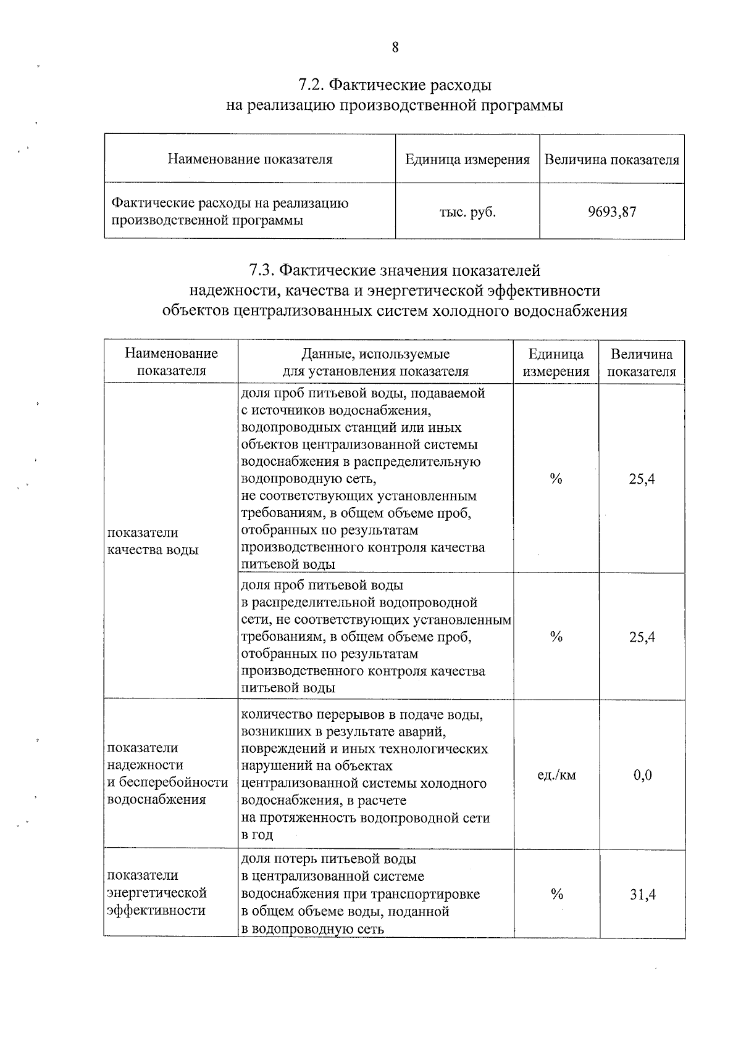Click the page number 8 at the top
[x=395, y=48]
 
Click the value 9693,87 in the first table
[x=611, y=212]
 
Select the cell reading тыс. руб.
[x=467, y=212]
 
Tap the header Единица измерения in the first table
[x=467, y=160]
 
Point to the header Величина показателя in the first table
[x=611, y=160]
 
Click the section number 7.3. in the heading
[x=262, y=270]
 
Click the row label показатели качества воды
[x=153, y=541]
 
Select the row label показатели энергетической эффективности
[x=156, y=893]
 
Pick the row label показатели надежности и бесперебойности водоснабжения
[x=167, y=774]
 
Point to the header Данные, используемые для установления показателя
[x=375, y=363]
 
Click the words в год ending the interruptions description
[x=256, y=835]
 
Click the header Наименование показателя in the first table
[x=249, y=160]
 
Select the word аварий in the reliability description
[x=424, y=732]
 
